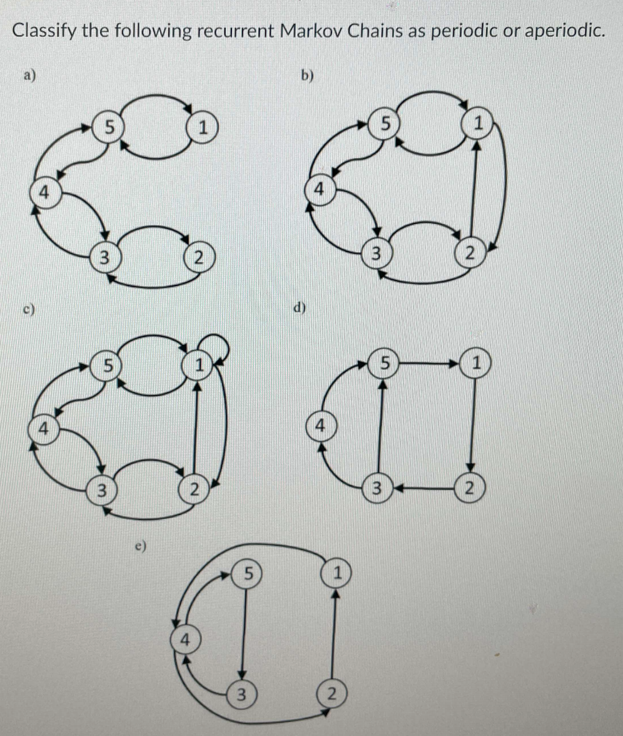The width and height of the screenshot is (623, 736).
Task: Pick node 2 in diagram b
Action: point(470,253)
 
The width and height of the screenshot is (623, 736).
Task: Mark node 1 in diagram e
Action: point(337,571)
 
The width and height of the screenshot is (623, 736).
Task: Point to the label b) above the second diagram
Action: point(306,76)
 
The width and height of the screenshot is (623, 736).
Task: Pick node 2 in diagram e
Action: point(332,693)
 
